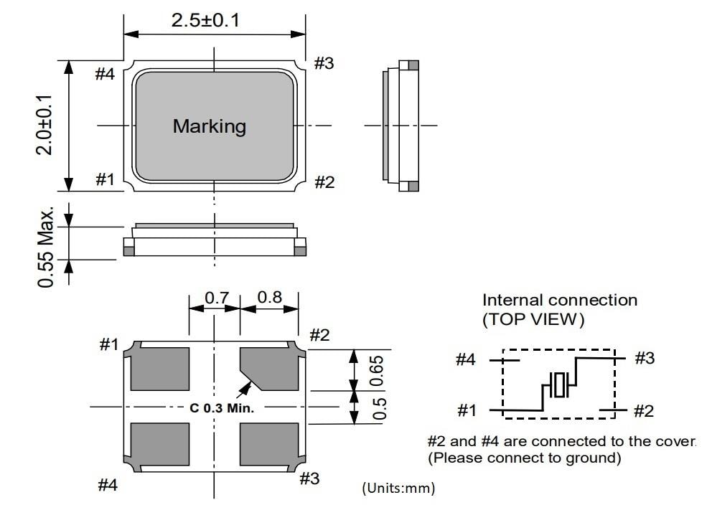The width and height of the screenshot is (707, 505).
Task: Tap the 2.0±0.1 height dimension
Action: (45, 125)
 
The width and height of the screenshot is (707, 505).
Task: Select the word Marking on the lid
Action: (209, 126)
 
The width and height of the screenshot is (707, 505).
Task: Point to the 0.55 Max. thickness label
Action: (47, 248)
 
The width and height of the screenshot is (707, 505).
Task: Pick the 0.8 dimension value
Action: (269, 296)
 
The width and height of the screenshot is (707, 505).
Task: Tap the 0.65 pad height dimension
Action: (381, 370)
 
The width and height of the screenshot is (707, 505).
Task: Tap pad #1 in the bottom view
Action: (161, 367)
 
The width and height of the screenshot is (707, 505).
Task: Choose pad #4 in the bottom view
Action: (161, 445)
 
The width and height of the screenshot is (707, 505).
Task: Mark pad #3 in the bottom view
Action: (269, 445)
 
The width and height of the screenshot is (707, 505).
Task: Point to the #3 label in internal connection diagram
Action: (645, 358)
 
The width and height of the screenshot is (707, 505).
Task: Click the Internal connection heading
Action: (559, 300)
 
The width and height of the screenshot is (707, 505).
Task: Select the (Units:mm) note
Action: (398, 489)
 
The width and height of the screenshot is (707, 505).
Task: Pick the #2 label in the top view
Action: (324, 182)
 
